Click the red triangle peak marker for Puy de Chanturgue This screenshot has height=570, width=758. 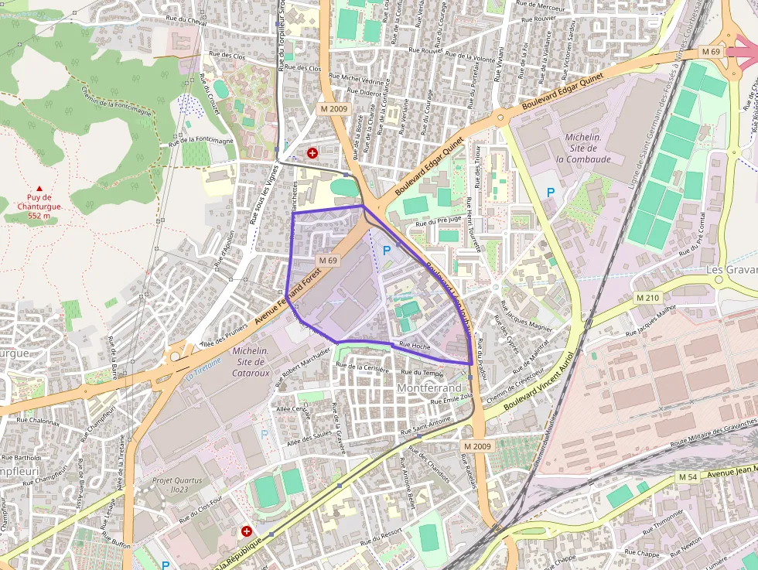(x=39, y=188)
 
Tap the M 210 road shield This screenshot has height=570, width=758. (x=648, y=298)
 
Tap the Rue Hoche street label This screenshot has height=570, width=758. (x=415, y=345)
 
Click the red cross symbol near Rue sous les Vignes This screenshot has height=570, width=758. (x=312, y=153)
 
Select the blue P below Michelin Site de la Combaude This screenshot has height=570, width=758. (x=551, y=192)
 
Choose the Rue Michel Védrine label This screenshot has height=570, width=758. (x=357, y=80)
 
